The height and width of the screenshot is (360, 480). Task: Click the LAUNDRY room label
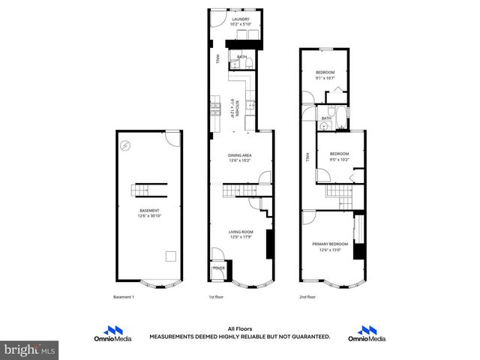[240, 19]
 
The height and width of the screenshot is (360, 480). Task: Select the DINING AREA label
[240, 155]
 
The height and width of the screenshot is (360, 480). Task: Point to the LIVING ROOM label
[241, 232]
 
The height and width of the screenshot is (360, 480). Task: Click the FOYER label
[219, 268]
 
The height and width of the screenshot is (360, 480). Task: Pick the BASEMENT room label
[149, 211]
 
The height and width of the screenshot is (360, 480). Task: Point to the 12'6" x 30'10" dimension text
[149, 217]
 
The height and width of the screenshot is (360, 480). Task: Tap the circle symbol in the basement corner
[127, 144]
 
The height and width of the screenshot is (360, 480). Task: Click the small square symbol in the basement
[171, 256]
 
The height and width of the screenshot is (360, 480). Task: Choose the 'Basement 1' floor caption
[123, 297]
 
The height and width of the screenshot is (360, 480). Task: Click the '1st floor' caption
[217, 297]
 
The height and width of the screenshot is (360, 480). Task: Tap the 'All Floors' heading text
[240, 328]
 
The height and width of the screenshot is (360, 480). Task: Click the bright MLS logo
[30, 349]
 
